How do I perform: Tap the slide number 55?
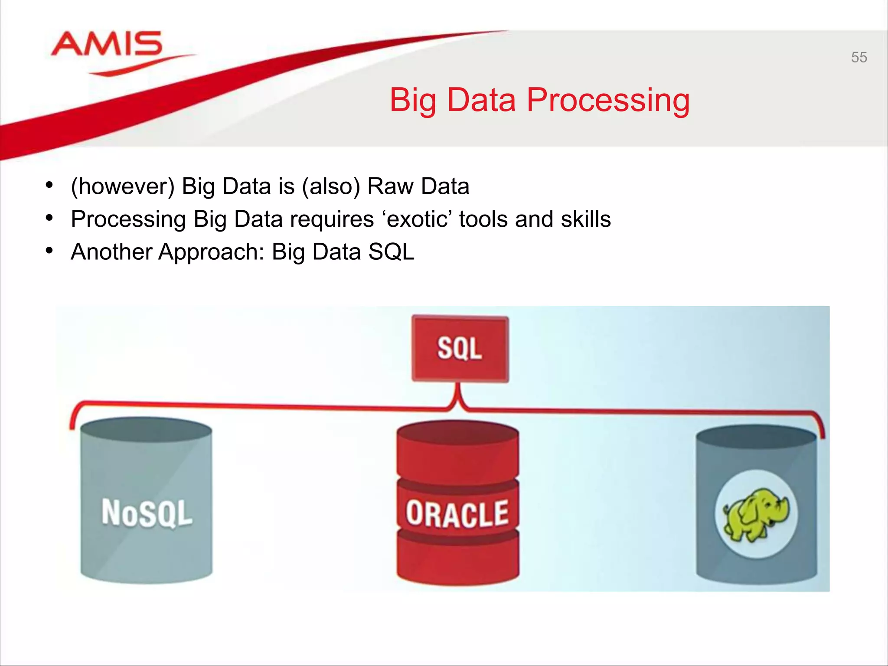tap(859, 57)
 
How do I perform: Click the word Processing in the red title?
tap(608, 101)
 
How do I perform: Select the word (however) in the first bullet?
tap(123, 186)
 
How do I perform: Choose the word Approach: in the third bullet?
tap(211, 252)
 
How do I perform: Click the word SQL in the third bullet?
tap(391, 252)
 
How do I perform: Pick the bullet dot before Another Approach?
tap(49, 251)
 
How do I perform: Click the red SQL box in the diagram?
tap(460, 349)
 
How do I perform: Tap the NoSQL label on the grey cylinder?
tap(147, 513)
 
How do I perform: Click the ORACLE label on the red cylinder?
tap(457, 514)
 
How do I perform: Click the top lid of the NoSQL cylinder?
tap(146, 430)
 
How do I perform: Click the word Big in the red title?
tap(412, 101)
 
